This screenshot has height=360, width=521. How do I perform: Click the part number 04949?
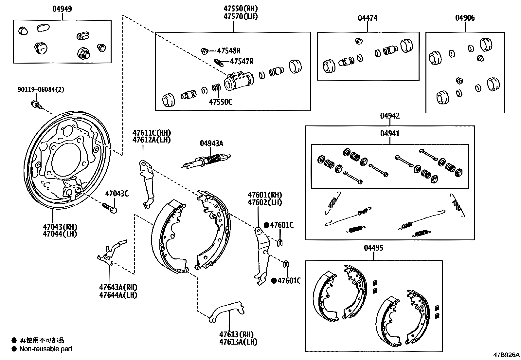(x=62, y=9)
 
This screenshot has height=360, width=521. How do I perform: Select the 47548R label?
(x=229, y=51)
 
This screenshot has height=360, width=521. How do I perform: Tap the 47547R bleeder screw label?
(x=242, y=61)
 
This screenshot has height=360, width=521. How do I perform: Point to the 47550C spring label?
(x=221, y=102)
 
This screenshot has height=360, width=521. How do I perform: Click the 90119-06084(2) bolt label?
(x=41, y=89)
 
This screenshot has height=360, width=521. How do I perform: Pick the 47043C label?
(x=117, y=194)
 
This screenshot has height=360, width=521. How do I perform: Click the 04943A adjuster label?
(x=211, y=143)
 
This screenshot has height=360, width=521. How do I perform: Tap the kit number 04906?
(x=465, y=18)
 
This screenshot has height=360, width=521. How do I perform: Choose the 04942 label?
(x=390, y=116)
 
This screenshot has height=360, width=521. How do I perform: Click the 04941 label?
(x=390, y=134)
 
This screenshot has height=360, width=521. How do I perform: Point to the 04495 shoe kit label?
(x=373, y=248)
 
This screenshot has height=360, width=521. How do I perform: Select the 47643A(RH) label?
(x=118, y=287)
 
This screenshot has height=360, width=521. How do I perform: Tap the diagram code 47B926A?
(x=507, y=355)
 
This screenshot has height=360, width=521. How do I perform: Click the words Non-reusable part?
(x=46, y=349)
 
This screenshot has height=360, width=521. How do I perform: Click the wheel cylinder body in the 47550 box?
(x=239, y=81)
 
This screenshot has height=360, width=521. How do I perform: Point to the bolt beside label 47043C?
(x=110, y=207)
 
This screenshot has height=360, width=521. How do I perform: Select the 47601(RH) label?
(x=265, y=195)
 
